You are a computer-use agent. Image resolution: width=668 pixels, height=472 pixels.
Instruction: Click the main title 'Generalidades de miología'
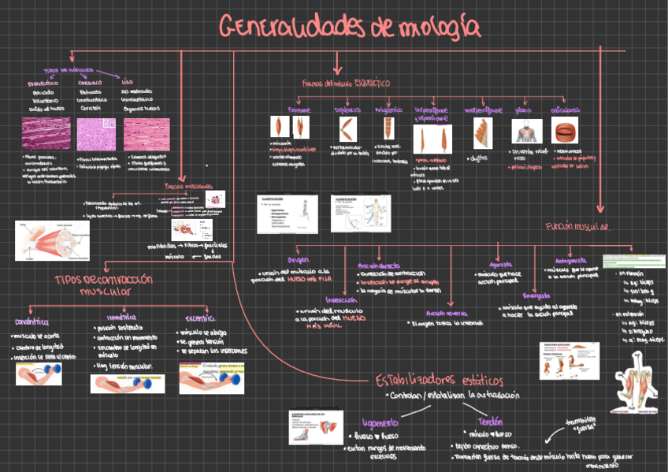[349, 28]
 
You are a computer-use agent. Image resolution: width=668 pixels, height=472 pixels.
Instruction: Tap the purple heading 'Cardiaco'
[88, 82]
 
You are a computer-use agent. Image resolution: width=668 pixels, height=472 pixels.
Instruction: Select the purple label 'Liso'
[128, 81]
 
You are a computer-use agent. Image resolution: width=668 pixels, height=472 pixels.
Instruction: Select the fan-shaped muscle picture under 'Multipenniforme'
[482, 133]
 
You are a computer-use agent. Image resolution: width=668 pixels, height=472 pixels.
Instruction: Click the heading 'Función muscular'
[577, 226]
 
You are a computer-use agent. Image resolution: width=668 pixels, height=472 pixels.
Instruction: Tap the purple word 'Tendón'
[490, 422]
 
